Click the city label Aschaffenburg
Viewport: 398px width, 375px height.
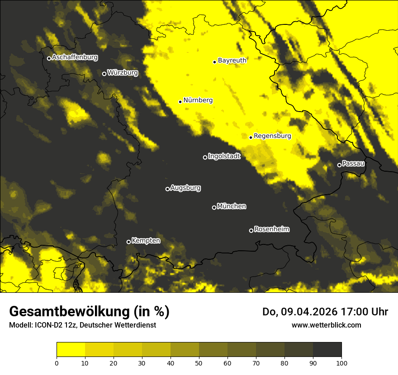coord(75,57)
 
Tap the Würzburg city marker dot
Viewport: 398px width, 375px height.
coord(104,74)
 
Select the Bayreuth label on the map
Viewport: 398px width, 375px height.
coord(232,60)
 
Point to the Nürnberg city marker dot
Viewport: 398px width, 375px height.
coord(180,102)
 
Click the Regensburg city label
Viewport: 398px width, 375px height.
coord(272,136)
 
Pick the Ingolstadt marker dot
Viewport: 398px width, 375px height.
coord(205,157)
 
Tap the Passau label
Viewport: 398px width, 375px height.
coord(353,163)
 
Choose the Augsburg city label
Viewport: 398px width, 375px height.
coord(185,187)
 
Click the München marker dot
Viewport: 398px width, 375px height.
coord(214,207)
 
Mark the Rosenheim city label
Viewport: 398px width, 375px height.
coord(271,229)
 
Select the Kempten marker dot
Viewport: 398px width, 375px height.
coord(128,242)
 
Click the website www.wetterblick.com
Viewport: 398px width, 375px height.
coord(326,325)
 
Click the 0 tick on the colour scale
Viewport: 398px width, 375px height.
coord(57,363)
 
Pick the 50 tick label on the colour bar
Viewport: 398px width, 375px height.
coord(199,363)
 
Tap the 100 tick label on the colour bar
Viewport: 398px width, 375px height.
coord(341,363)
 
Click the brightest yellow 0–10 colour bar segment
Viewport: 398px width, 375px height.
coord(71,350)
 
